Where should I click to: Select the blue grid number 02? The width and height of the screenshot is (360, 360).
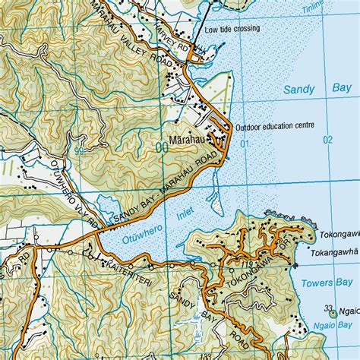[x=328, y=140]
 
